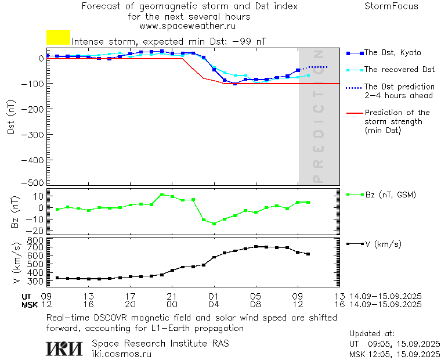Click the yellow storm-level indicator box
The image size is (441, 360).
pos(58,38)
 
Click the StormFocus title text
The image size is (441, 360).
pos(391,6)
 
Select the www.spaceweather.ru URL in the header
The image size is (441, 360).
pos(187,26)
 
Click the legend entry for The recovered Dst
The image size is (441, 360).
pos(399,70)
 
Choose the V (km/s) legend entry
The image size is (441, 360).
pos(382,244)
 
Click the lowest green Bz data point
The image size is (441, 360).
pos(214,224)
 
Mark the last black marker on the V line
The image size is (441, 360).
pos(308,254)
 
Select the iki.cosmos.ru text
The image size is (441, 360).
pos(121,354)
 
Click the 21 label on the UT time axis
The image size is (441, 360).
pos(172,296)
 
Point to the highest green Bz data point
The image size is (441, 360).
pos(162,195)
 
